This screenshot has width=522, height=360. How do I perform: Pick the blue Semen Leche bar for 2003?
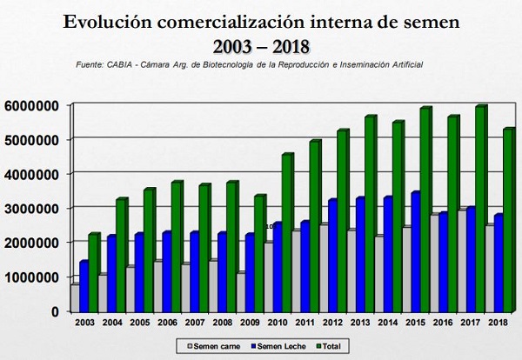pos(84,286)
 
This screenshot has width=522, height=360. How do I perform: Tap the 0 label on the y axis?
pos(54,310)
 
